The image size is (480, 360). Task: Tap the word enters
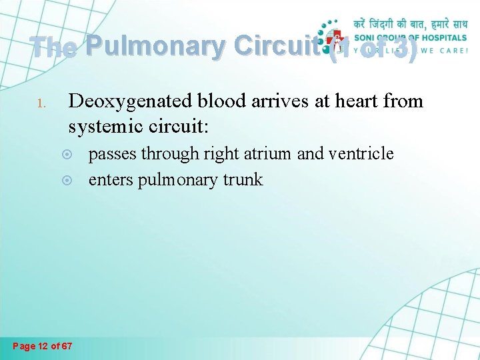click(111, 179)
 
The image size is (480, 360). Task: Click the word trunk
click(245, 179)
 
